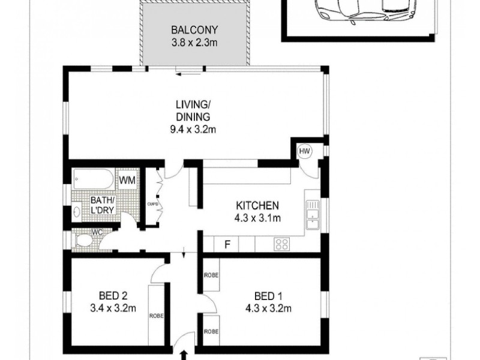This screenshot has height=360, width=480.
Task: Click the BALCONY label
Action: point(194,29)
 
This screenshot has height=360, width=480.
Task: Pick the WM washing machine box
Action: point(127,179)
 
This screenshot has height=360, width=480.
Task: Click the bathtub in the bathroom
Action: point(92,179)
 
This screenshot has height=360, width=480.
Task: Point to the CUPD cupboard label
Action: point(152,204)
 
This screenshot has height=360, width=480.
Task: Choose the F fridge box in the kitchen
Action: point(227,244)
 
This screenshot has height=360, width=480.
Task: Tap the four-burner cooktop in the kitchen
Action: point(281,244)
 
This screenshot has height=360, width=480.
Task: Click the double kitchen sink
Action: point(312,215)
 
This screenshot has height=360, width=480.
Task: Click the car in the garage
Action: point(360,11)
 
